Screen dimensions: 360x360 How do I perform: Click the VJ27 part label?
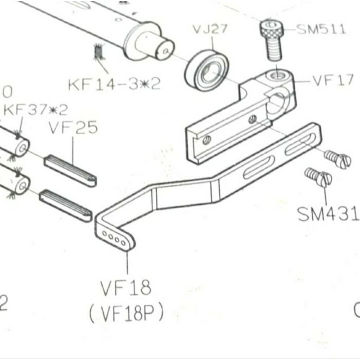(210, 30)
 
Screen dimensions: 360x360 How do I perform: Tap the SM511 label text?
(321, 30)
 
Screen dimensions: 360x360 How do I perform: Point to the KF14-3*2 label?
(114, 84)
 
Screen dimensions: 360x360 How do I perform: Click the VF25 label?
(73, 129)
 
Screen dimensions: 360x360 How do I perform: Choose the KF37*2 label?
(36, 109)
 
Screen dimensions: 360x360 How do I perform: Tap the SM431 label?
(328, 215)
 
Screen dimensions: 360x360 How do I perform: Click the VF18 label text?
(126, 288)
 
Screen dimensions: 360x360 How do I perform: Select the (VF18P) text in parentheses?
(126, 314)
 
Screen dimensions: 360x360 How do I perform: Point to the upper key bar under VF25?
(70, 171)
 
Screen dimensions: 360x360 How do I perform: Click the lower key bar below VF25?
(66, 206)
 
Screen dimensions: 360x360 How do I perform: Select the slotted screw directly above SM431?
(319, 177)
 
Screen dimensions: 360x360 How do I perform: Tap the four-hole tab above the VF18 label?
(116, 238)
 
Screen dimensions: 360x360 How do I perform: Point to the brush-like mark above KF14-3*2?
(98, 53)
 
